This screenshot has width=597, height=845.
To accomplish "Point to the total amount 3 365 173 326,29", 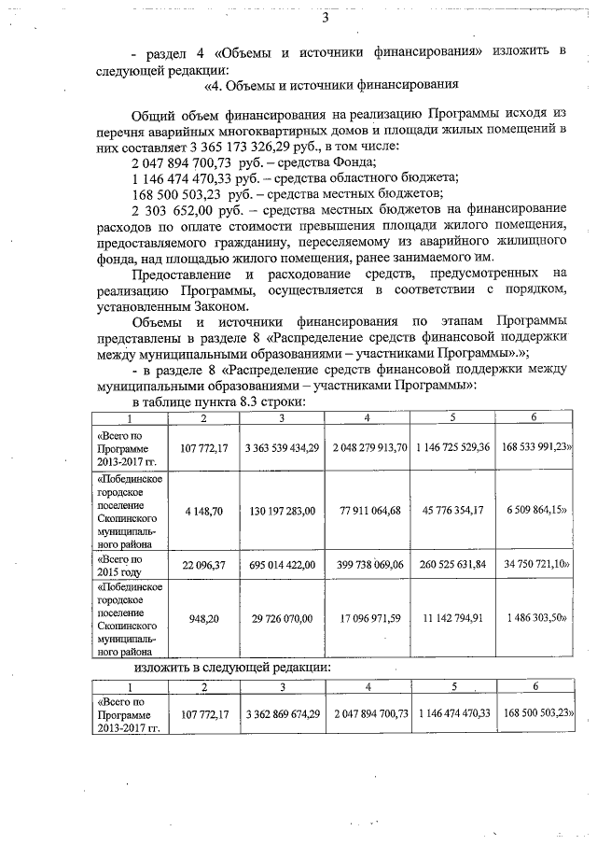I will click(246, 148).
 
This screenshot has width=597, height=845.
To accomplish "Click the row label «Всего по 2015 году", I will click(121, 564).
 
